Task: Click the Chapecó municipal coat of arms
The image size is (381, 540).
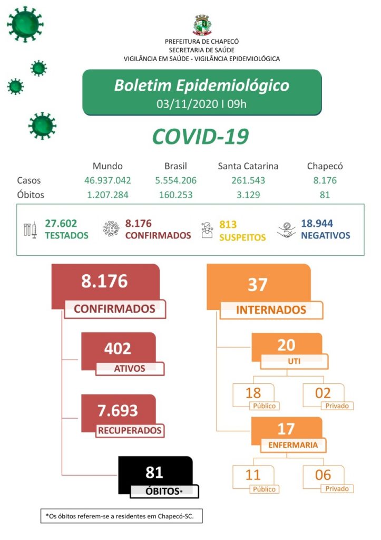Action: pos(202,25)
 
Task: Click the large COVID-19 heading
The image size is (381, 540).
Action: pos(200,137)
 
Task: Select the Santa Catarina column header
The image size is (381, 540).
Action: pos(248,166)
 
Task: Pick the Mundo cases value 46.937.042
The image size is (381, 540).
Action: pos(108,180)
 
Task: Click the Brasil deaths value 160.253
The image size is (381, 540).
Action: pos(175,195)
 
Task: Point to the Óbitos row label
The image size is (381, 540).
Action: pos(30,195)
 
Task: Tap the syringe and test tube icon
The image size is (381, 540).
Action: pos(30,229)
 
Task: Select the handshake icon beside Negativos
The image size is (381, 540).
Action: pos(286,230)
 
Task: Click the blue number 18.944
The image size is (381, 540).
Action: pos(317,224)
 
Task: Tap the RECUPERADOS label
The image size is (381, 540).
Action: pos(130,430)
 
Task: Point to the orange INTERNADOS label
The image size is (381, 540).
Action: pos(271,310)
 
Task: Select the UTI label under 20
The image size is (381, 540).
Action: pos(294,361)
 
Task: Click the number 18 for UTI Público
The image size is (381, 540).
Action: pos(253,393)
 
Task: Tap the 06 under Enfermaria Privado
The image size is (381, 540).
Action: pos(323,475)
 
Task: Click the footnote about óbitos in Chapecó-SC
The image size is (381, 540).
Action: pos(121,516)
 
